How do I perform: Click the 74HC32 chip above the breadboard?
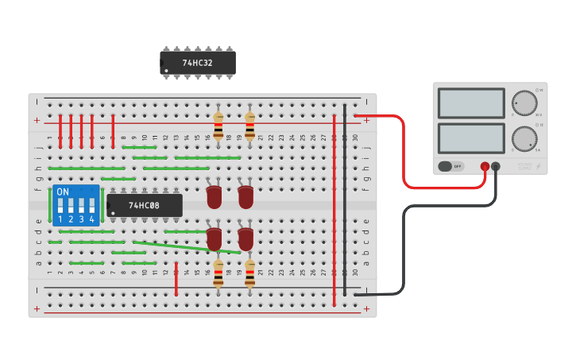(198, 63)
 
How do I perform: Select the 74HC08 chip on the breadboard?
(145, 206)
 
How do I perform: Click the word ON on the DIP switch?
(63, 192)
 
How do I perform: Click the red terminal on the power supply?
(485, 167)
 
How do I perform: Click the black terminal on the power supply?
(496, 167)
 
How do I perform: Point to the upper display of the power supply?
(471, 103)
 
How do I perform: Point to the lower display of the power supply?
(471, 138)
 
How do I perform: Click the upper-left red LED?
(214, 196)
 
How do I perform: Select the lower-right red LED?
(245, 238)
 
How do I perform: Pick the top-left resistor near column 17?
(218, 126)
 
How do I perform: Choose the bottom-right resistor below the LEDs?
(249, 273)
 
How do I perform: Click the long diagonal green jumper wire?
(187, 247)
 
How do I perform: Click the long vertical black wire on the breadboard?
(345, 199)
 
